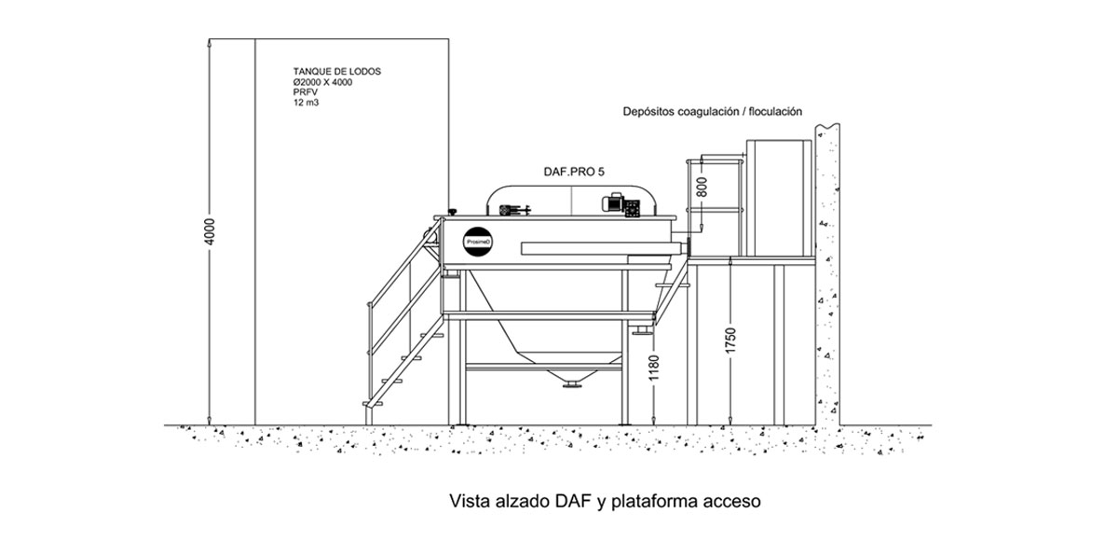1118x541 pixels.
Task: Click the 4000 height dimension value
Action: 211,231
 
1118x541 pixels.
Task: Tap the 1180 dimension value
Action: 654,368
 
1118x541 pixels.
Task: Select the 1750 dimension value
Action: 730,340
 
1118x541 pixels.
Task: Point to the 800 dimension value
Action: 702,187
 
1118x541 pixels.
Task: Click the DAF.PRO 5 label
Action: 574,172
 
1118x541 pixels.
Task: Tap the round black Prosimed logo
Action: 478,242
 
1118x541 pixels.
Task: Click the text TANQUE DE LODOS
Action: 337,72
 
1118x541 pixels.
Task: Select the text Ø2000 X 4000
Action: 322,82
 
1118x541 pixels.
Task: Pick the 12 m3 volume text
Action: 306,103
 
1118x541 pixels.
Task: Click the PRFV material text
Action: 305,92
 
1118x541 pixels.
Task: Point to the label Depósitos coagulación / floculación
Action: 712,111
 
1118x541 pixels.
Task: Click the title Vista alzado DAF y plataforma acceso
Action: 605,501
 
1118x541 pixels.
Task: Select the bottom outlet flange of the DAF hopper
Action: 572,384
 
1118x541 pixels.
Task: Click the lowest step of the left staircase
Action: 373,404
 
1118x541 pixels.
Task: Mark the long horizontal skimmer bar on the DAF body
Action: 601,248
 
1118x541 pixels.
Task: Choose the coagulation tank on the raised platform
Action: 779,199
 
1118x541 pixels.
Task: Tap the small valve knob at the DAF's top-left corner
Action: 453,212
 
